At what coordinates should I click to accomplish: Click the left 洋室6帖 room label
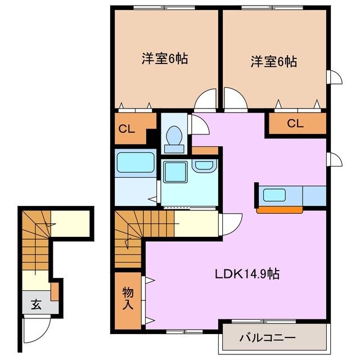(x=164, y=58)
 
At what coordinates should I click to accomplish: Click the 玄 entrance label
(x=36, y=305)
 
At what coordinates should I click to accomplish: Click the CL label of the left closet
(x=127, y=128)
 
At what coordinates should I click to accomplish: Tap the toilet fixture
(x=173, y=137)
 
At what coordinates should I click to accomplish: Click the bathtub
(x=136, y=163)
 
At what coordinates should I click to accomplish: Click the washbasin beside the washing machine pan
(x=203, y=166)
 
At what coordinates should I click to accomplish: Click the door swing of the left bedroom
(x=206, y=100)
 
